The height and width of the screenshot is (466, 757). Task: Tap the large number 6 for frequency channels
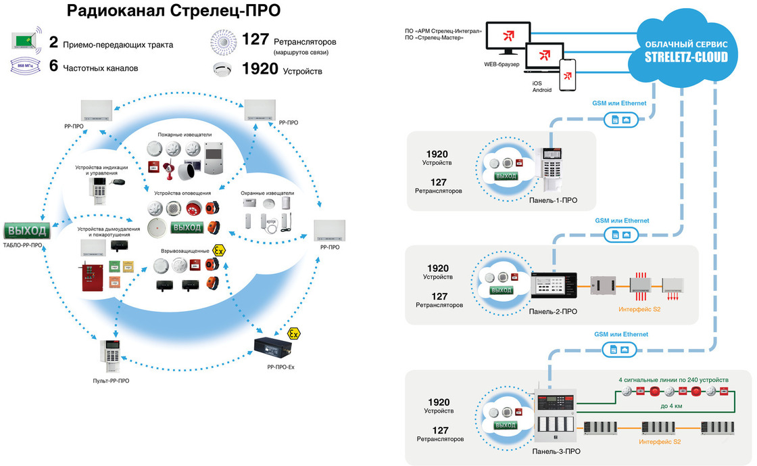(x=53, y=68)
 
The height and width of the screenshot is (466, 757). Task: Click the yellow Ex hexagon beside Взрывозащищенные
(x=218, y=250)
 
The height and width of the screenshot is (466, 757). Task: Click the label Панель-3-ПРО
(x=556, y=450)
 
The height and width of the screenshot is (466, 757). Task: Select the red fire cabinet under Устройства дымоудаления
(x=92, y=278)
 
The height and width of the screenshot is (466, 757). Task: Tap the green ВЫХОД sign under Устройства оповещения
(x=187, y=227)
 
